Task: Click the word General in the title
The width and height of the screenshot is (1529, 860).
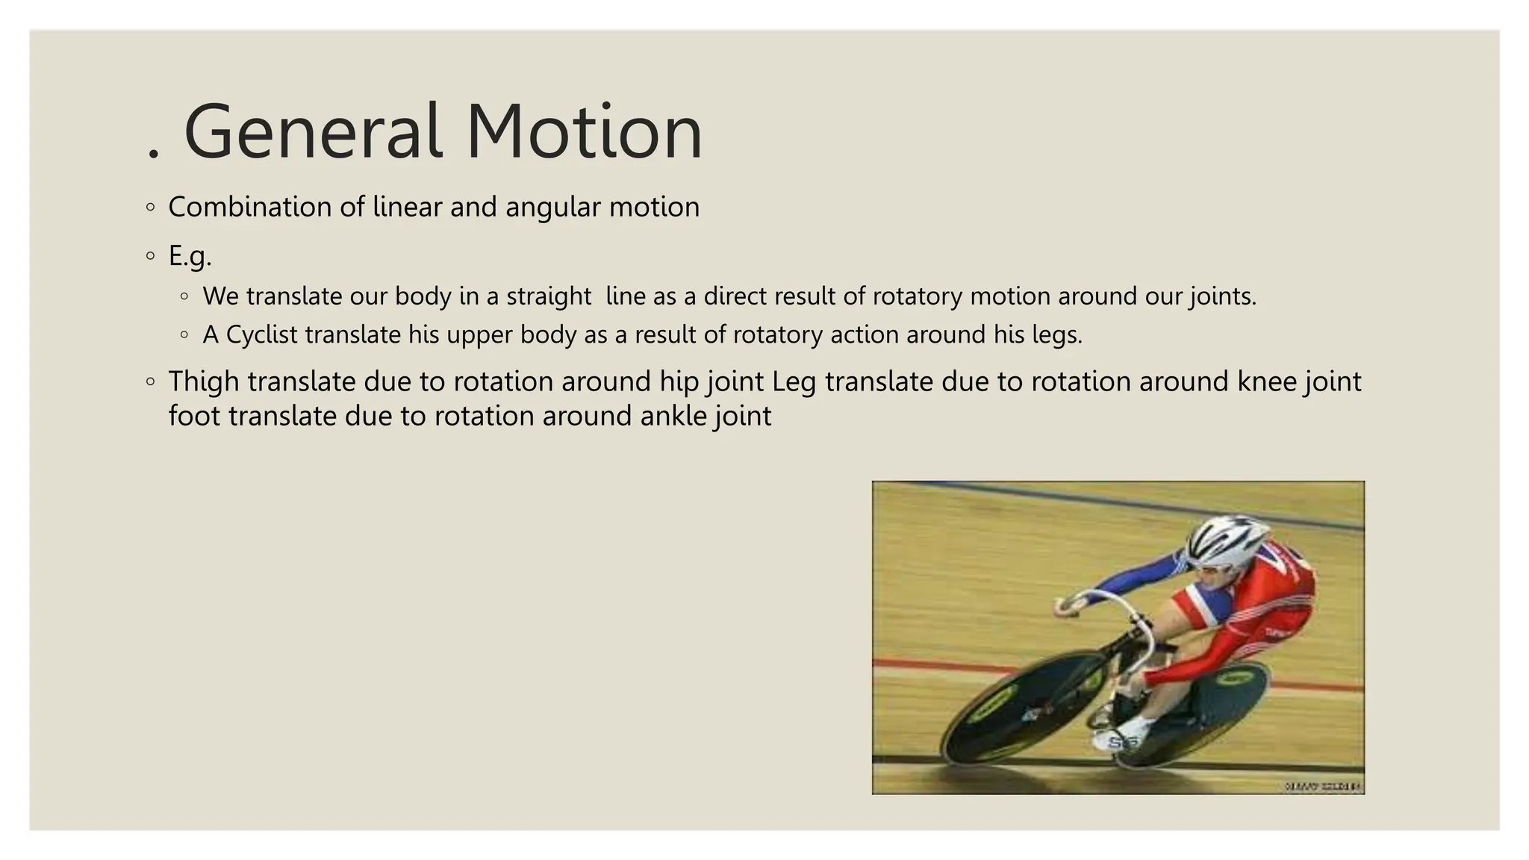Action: [x=314, y=132]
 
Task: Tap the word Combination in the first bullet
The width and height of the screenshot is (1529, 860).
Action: [x=249, y=207]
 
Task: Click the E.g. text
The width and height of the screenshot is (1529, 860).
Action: [x=190, y=256]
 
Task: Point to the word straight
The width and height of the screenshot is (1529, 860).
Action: [x=549, y=296]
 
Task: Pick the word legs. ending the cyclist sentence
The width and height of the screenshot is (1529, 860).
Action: [x=1057, y=335]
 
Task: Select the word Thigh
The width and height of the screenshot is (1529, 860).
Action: [x=203, y=381]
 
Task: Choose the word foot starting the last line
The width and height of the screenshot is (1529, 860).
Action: [x=194, y=416]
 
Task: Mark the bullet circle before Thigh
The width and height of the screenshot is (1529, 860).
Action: [x=151, y=381]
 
